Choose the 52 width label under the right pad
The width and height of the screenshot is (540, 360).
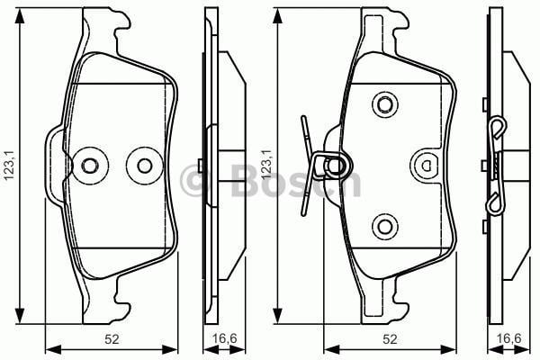tap(389, 338)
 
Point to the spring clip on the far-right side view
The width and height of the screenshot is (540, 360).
tap(497, 166)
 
